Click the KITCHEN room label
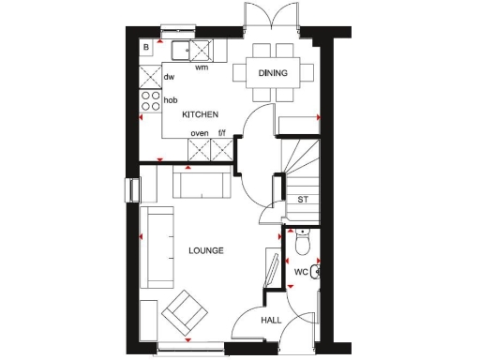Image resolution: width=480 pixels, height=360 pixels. [200, 114]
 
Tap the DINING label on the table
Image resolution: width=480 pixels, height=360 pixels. [273, 73]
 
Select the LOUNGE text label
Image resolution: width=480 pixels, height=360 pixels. [205, 250]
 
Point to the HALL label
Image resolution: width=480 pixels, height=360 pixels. [271, 321]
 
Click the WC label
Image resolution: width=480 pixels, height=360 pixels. [301, 272]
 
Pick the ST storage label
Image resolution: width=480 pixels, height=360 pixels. [303, 200]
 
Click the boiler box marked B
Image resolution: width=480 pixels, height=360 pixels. [146, 47]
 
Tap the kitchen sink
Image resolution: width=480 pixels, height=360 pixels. [187, 50]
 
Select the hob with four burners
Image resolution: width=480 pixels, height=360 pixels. [149, 98]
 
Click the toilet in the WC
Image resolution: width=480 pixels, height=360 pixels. [300, 244]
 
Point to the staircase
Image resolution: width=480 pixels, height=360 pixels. [299, 159]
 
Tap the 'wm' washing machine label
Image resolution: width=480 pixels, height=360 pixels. [201, 67]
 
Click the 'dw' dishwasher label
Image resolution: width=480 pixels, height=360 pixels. [170, 78]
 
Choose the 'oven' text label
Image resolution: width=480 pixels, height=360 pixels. [199, 134]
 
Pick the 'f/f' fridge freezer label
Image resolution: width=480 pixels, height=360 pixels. [221, 134]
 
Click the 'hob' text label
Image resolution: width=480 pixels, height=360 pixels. [171, 99]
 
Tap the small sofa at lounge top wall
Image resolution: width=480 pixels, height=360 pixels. [199, 186]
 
